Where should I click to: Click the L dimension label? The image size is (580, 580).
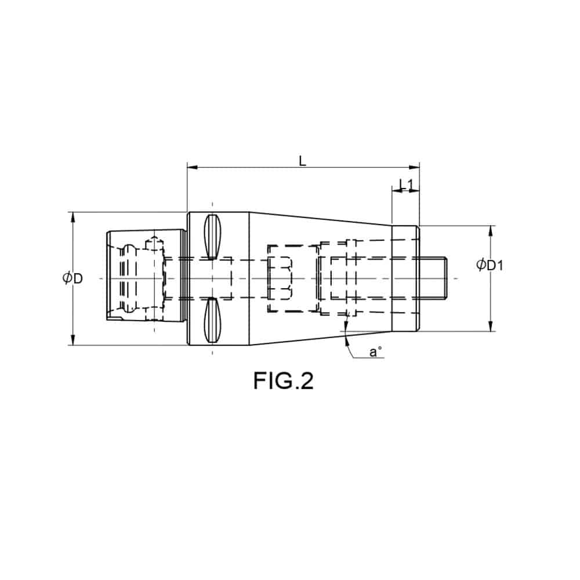pos(303,161)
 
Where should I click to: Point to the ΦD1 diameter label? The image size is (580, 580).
pos(490,264)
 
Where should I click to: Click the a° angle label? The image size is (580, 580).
pos(375,351)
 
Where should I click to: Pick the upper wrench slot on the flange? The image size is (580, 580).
pos(212,237)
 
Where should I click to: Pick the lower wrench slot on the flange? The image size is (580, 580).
pos(212,320)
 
